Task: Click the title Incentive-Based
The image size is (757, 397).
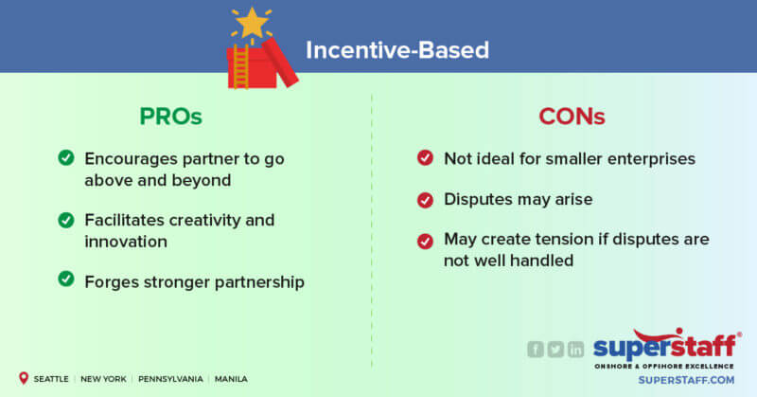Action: click(x=396, y=49)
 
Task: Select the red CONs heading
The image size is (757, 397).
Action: click(x=572, y=117)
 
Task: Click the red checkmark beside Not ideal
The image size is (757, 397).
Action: click(x=426, y=158)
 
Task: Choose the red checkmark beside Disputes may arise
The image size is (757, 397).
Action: click(x=426, y=199)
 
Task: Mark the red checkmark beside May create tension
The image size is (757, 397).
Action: click(x=426, y=241)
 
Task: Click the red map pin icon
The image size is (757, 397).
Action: click(x=22, y=378)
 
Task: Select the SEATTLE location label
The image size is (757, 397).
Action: click(x=51, y=379)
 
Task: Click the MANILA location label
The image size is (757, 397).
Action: click(x=231, y=379)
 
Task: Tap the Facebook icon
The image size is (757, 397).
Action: click(x=536, y=350)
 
